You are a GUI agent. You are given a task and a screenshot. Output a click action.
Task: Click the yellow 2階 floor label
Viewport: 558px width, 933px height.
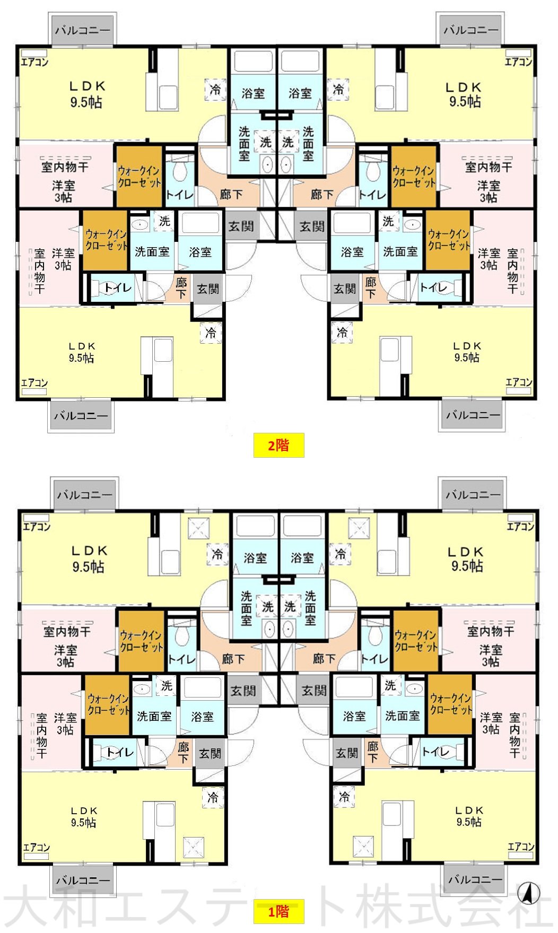[278, 445]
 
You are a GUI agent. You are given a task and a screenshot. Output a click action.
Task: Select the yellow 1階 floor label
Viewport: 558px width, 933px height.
[278, 911]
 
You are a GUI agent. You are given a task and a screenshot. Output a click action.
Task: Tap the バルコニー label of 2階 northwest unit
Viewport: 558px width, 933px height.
[83, 30]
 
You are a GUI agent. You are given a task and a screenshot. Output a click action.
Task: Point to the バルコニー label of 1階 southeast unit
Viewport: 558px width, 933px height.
[475, 879]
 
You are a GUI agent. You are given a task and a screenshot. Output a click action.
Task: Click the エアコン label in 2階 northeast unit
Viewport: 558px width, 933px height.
[518, 62]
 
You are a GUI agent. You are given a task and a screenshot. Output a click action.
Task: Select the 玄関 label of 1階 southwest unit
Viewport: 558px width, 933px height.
[210, 753]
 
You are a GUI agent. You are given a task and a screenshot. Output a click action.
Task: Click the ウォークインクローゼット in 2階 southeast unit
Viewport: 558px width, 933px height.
[449, 240]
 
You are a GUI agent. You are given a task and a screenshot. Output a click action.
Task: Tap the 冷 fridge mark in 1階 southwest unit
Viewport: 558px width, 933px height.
[213, 797]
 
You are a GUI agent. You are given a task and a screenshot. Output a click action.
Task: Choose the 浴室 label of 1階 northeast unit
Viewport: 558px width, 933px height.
[302, 558]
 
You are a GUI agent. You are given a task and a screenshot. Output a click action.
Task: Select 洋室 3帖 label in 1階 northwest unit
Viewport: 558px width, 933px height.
[66, 656]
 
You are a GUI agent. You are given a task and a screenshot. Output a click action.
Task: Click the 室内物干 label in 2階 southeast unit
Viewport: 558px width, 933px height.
[512, 271]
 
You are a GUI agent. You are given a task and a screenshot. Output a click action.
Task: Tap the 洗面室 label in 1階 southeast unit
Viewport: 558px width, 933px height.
[402, 716]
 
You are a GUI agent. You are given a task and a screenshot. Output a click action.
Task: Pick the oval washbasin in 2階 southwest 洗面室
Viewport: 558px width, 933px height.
[140, 223]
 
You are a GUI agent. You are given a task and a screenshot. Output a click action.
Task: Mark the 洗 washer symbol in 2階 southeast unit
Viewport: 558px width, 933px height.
[388, 221]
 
